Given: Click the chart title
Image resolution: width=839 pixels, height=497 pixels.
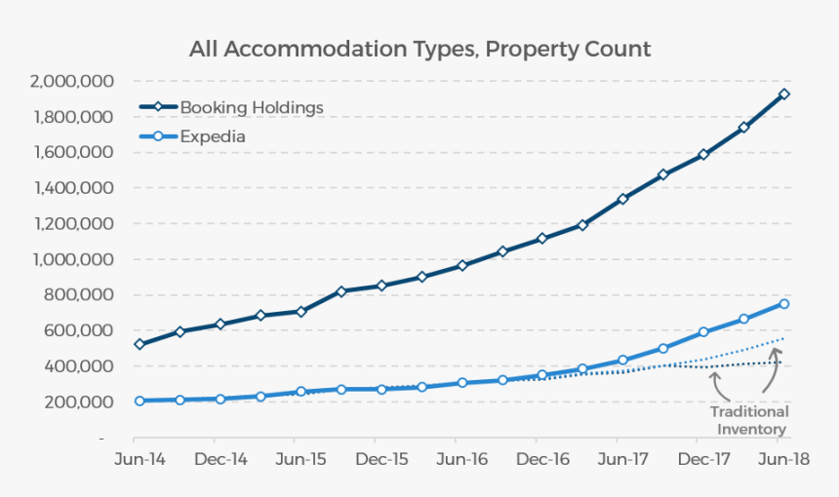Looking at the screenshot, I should click(x=419, y=49).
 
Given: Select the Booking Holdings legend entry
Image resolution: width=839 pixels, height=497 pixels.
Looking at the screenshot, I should click(x=251, y=107).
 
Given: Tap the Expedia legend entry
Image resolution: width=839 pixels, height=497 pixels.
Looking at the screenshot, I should click(x=212, y=136).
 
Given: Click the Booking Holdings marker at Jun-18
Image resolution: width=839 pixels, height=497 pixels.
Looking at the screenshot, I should click(x=783, y=95).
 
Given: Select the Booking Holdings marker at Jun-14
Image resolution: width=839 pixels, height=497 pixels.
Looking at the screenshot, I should click(x=140, y=344).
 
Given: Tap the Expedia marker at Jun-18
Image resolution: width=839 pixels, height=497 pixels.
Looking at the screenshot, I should click(x=783, y=304).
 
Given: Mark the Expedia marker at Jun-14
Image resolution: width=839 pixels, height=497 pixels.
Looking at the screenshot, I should click(x=140, y=401).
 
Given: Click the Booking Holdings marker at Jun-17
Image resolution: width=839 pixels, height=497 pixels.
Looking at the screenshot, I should click(x=622, y=199).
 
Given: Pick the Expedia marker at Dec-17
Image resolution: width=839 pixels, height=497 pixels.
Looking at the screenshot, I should click(x=703, y=332).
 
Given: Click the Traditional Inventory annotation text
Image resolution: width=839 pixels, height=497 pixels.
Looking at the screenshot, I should click(x=749, y=420).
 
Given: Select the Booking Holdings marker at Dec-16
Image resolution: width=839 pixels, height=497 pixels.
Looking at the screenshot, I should click(x=542, y=239).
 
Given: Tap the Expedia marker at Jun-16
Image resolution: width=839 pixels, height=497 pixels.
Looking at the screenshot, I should click(x=462, y=383).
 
